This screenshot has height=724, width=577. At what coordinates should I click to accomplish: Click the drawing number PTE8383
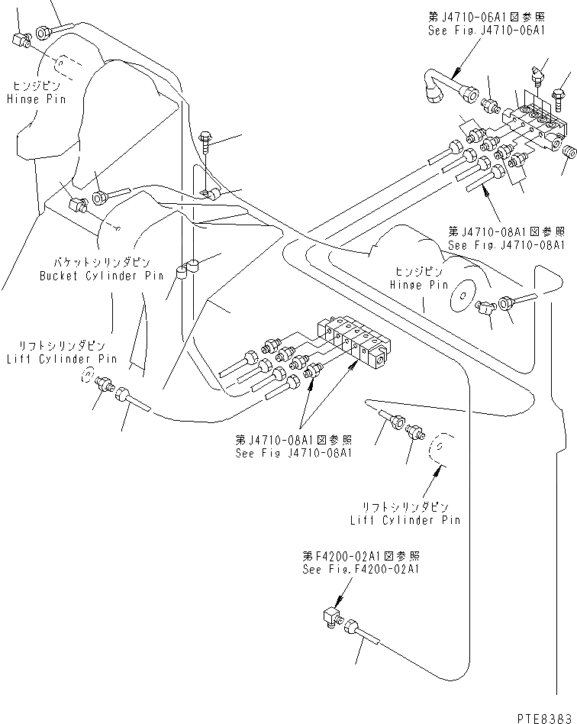(x=543, y=716)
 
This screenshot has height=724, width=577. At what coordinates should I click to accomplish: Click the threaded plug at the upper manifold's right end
(x=568, y=152)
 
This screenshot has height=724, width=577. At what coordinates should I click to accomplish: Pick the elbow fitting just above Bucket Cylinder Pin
(x=78, y=205)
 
